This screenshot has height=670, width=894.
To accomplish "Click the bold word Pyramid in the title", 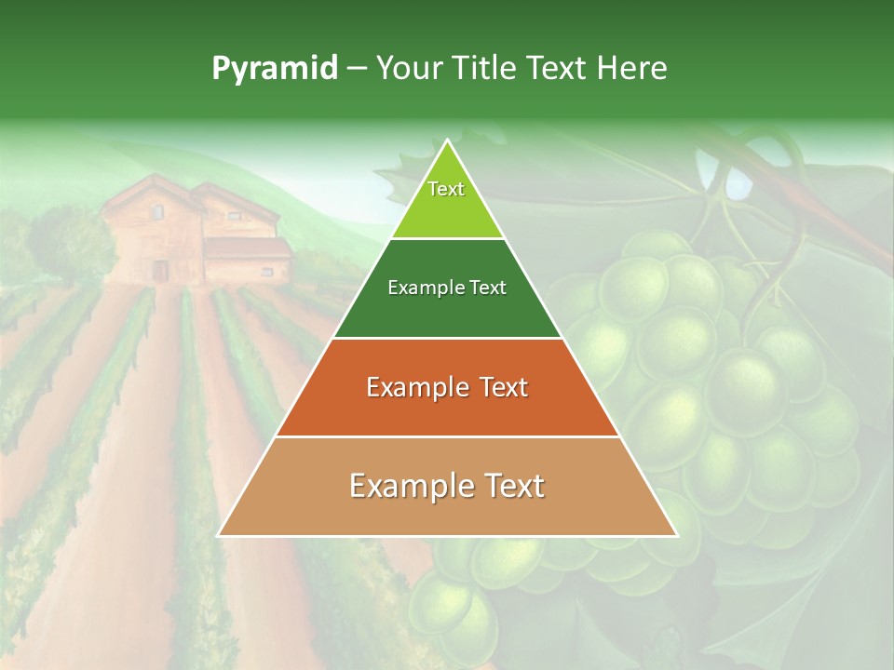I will (x=275, y=69).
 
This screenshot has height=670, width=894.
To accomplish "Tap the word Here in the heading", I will (x=632, y=69).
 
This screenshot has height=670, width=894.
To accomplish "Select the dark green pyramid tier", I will (x=447, y=312).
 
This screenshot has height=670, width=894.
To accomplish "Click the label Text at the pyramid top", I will (x=446, y=189).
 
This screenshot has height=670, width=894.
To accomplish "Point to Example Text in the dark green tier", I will (x=447, y=288).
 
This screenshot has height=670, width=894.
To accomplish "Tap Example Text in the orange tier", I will (x=447, y=387).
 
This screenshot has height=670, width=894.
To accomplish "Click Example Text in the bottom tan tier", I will (x=447, y=486).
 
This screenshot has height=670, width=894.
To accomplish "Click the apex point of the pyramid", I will (x=447, y=141).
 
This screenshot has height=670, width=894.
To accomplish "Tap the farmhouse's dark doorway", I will (x=161, y=270).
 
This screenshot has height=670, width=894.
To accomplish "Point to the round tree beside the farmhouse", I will (x=65, y=242).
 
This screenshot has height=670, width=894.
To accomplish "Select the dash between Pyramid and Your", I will (x=357, y=69).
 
